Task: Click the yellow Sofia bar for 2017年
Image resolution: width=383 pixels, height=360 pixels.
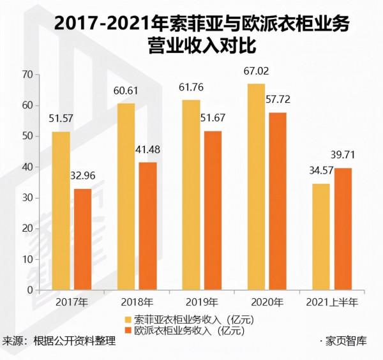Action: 61,211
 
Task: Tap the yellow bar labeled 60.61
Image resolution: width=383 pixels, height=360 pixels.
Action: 126,197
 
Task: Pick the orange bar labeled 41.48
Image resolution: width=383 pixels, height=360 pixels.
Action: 147,226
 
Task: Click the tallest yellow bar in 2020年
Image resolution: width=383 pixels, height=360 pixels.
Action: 257,187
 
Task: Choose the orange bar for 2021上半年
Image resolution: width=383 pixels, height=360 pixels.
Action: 342,229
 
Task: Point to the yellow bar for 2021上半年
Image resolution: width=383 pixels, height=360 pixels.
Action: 322,237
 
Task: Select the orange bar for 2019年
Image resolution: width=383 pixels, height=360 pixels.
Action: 213,211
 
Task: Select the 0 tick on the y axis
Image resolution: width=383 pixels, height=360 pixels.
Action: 29,290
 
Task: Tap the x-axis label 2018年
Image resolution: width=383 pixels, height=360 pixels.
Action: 137,303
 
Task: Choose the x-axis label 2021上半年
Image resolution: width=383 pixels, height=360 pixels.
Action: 332,303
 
